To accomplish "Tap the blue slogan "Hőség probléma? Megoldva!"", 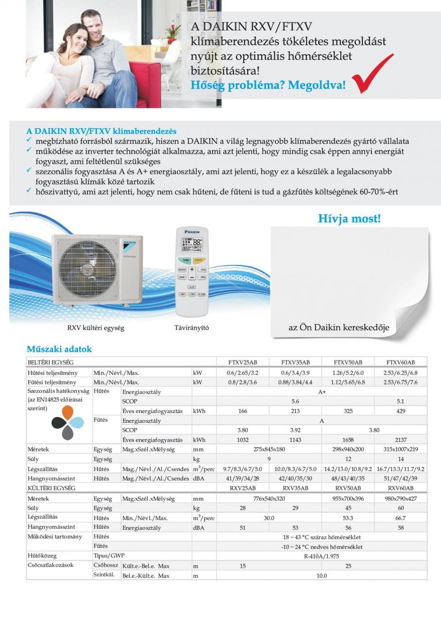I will click(268, 85).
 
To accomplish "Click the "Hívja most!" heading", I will click(349, 219).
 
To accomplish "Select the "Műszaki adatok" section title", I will click(59, 349).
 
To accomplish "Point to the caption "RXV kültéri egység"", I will click(96, 328).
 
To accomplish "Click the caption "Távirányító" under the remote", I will click(191, 328).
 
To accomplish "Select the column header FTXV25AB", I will click(242, 363).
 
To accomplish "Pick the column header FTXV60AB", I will click(401, 363).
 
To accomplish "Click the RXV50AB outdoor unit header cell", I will click(348, 488).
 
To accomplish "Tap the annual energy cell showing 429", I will click(401, 411).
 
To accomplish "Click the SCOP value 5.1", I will click(401, 401).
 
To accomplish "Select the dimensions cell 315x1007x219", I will click(401, 449).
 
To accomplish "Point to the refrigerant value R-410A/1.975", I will click(322, 556).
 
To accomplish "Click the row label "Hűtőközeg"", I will click(42, 556).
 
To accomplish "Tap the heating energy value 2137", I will click(401, 440).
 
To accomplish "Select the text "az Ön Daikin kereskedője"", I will click(339, 327).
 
